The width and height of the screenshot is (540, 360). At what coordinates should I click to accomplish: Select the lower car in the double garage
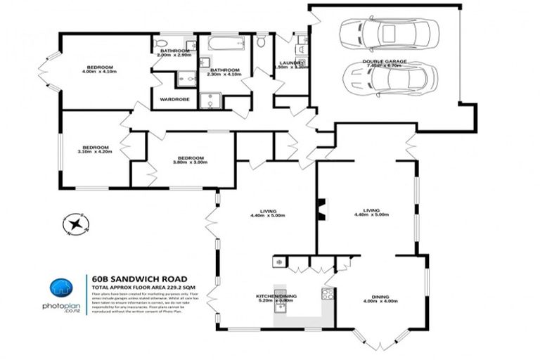(x=390, y=77)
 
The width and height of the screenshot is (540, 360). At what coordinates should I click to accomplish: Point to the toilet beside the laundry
(x=261, y=43)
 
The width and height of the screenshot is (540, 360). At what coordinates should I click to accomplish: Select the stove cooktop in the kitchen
(x=327, y=295)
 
